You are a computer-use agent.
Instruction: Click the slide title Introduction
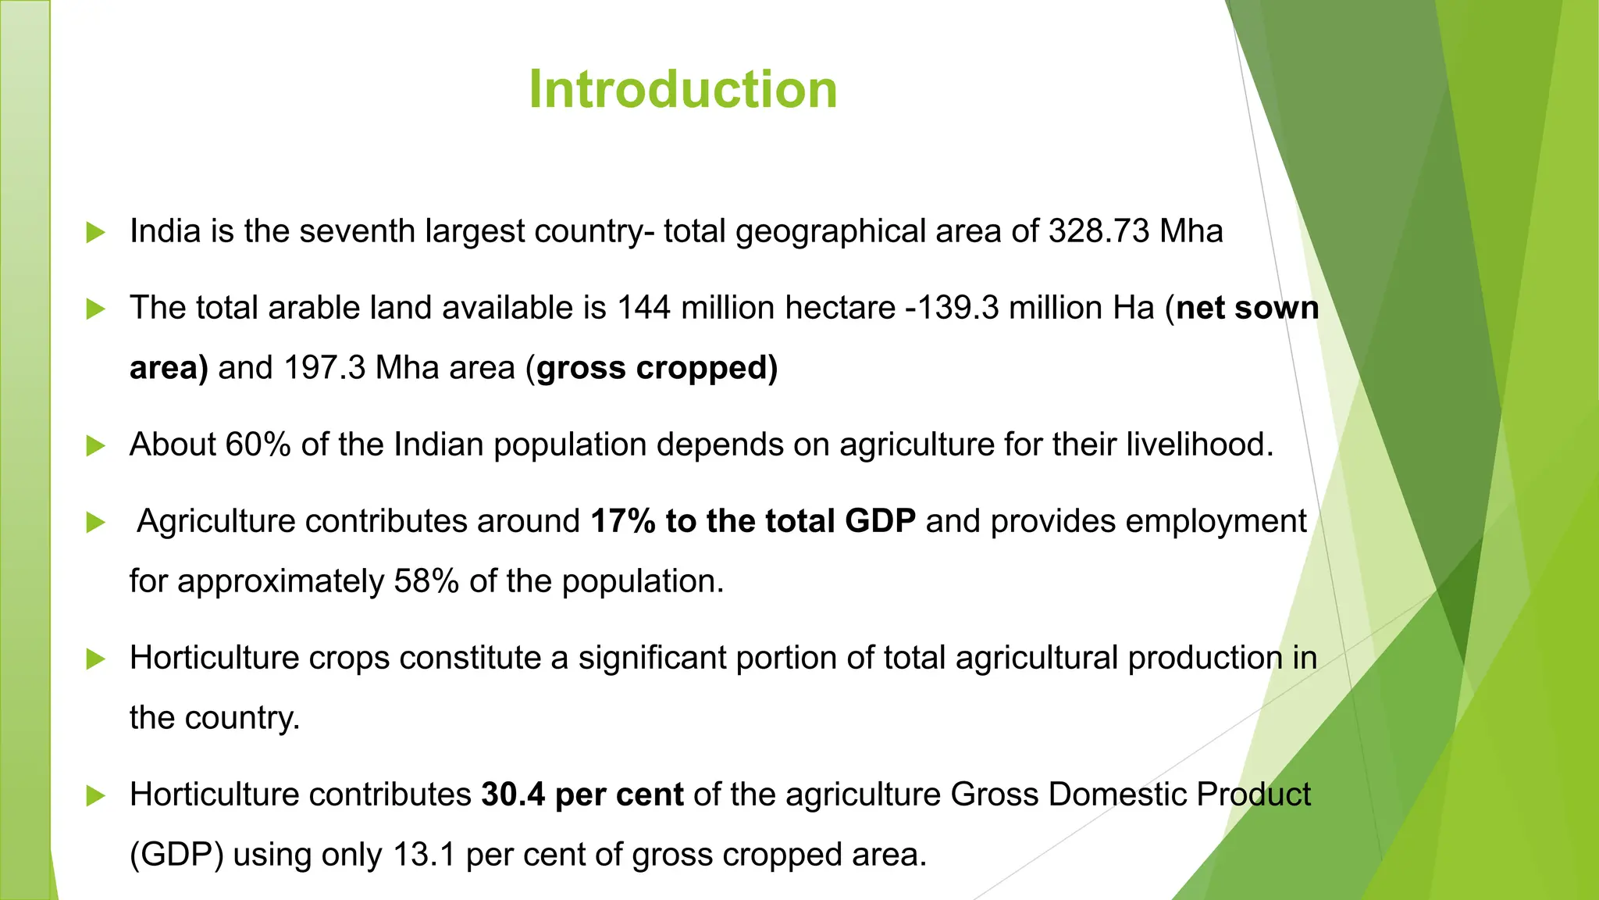click(x=682, y=89)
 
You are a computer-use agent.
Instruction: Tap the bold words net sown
click(x=1247, y=308)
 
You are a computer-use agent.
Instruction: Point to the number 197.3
click(x=324, y=368)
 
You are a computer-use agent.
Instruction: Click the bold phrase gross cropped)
click(x=657, y=368)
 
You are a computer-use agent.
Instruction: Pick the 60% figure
click(x=258, y=445)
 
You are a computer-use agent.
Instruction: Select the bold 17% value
click(x=623, y=521)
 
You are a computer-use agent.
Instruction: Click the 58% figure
click(x=426, y=581)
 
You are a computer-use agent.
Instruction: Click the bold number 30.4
click(x=513, y=795)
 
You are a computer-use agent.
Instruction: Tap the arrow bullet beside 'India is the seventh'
click(x=95, y=232)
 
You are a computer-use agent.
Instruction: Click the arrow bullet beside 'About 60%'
click(x=95, y=445)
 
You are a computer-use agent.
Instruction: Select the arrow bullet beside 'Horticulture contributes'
click(x=95, y=795)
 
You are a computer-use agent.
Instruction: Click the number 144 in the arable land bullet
click(x=643, y=308)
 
